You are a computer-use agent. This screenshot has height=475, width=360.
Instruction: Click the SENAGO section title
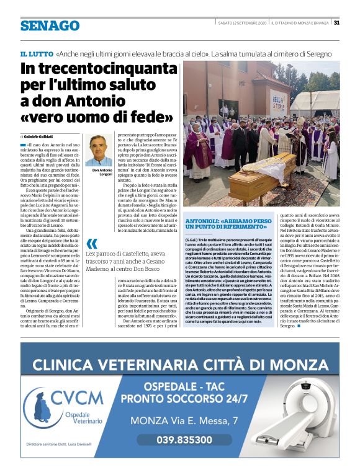(50, 25)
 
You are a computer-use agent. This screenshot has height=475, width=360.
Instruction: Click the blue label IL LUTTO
(36, 55)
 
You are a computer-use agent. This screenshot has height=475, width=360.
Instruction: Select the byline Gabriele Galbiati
(40, 136)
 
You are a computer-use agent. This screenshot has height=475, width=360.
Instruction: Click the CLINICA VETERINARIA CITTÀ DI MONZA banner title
(180, 362)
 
